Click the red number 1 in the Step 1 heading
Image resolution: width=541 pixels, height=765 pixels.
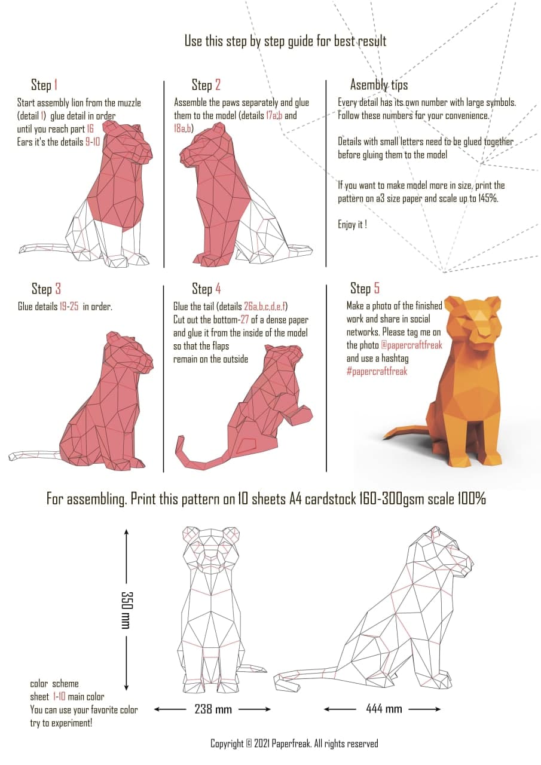pos(56,85)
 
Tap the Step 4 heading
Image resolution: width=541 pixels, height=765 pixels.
pos(206,289)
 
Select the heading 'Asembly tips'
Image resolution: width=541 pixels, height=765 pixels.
pos(379,85)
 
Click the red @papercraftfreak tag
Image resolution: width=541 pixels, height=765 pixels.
pos(411,345)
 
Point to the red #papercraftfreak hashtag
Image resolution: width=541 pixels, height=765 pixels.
pos(377,371)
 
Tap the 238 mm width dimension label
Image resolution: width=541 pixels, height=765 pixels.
pos(213,709)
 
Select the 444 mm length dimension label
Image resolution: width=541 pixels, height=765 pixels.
pos(384,709)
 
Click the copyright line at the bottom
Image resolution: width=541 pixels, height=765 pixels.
pos(294,743)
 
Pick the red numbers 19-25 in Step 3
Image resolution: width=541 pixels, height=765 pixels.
pos(69,307)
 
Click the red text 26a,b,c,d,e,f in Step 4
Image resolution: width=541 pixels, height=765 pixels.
pos(265,306)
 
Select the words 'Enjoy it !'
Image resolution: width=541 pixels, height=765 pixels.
pos(353,224)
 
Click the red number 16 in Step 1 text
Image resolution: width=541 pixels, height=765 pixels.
pos(90,128)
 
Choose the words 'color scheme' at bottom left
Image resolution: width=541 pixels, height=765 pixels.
pos(54,683)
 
